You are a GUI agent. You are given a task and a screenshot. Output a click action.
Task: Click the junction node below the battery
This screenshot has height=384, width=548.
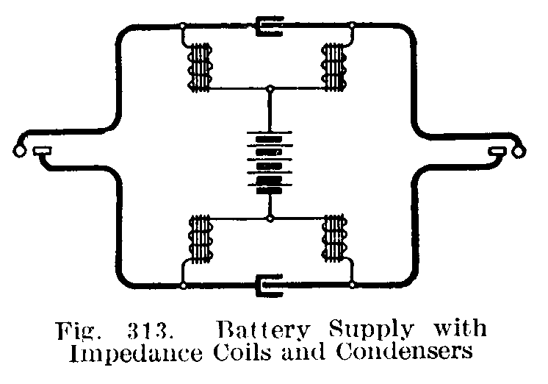(x=270, y=218)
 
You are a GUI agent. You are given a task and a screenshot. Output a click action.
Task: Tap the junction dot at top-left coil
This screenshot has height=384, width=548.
(x=183, y=26)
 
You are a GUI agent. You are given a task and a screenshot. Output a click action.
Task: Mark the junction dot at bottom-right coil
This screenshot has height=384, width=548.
(x=353, y=284)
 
